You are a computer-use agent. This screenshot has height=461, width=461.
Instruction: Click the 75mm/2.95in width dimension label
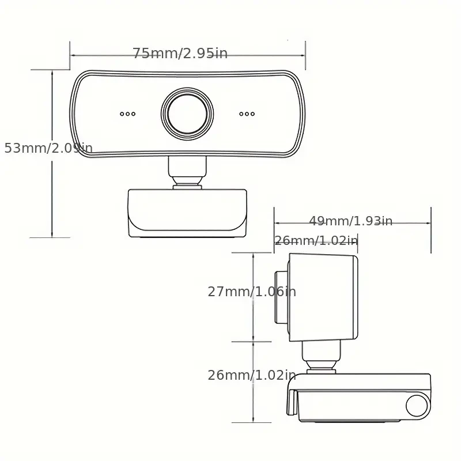[180, 54]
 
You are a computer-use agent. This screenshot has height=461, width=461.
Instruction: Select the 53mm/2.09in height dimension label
[48, 148]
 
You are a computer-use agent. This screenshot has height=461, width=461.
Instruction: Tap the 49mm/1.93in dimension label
[350, 221]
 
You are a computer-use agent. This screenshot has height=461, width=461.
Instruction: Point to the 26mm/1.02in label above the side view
[316, 240]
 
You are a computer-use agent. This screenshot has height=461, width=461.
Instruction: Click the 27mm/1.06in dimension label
[252, 292]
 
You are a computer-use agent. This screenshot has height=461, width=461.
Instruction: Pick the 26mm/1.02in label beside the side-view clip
[252, 375]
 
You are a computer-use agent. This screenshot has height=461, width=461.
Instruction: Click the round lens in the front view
[187, 113]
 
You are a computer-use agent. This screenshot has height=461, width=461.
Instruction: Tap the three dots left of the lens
[128, 114]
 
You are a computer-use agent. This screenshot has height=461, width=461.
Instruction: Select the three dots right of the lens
[247, 114]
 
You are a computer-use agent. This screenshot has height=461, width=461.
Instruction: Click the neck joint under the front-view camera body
[187, 173]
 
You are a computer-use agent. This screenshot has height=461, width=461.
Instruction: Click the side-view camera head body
[323, 297]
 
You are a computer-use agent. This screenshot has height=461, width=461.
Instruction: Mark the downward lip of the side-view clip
[292, 401]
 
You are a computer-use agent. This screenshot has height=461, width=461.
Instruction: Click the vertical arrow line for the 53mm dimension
[52, 196]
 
